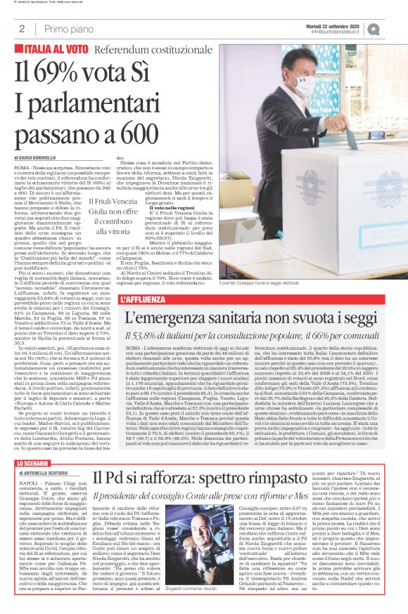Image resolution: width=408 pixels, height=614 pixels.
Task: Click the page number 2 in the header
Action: [x=23, y=28]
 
